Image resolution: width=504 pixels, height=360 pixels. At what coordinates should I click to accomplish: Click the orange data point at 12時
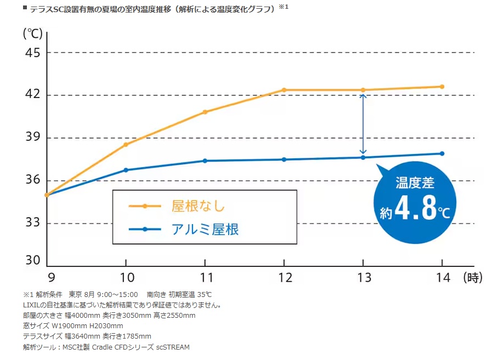(284, 90)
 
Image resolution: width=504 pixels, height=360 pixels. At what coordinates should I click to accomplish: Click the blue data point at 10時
(126, 170)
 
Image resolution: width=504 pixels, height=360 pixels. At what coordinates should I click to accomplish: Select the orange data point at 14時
(442, 87)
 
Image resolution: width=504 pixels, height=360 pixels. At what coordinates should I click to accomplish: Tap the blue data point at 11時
(205, 161)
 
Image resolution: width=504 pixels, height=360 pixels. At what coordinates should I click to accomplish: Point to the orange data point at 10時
(126, 145)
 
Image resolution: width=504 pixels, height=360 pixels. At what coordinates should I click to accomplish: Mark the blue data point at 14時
(442, 153)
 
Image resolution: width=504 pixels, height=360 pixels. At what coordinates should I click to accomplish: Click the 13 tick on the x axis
(363, 278)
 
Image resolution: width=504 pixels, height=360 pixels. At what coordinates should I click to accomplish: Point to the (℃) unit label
(32, 33)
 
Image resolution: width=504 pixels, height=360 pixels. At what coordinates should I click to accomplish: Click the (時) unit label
(473, 278)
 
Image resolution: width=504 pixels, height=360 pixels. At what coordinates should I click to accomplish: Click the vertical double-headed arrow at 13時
(363, 124)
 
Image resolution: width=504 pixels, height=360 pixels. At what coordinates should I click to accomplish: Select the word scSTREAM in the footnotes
(173, 347)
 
